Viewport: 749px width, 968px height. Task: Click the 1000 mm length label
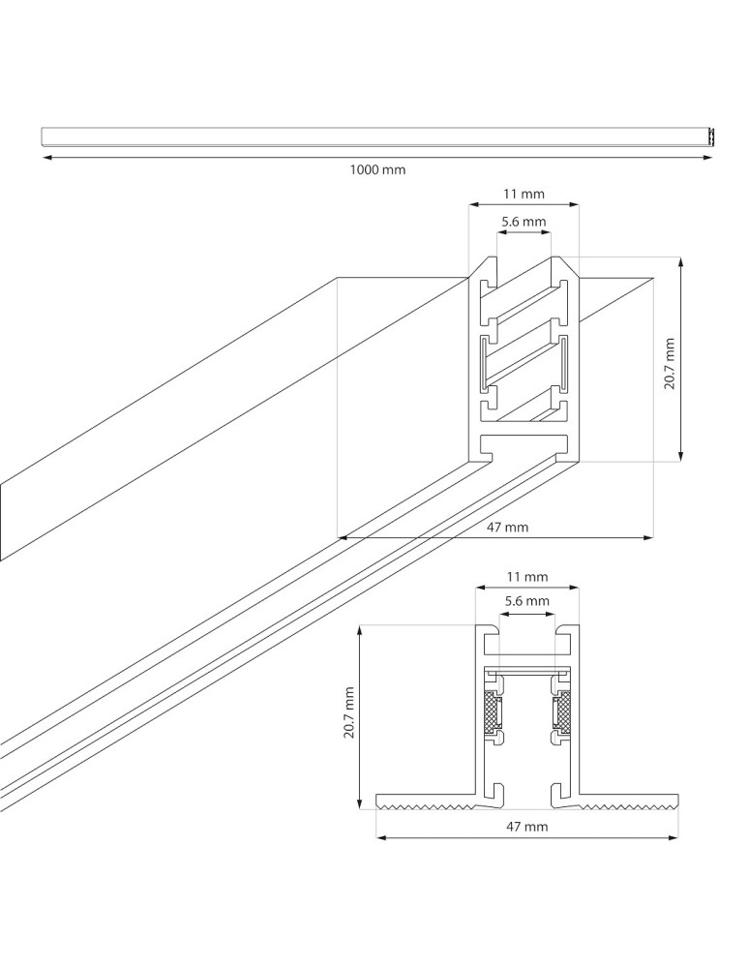pyautogui.click(x=377, y=169)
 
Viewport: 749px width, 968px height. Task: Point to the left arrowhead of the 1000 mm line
pyautogui.click(x=45, y=156)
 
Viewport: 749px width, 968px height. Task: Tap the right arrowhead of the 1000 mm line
pyautogui.click(x=708, y=156)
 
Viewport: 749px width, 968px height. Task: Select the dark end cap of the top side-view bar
pyautogui.click(x=711, y=137)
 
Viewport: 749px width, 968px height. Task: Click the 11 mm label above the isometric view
pyautogui.click(x=524, y=194)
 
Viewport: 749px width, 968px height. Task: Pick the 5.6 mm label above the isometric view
pyautogui.click(x=524, y=222)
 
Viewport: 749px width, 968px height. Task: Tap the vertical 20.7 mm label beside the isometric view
pyautogui.click(x=669, y=363)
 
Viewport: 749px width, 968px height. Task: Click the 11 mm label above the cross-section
pyautogui.click(x=527, y=577)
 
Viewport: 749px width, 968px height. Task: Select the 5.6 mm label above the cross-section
pyautogui.click(x=527, y=601)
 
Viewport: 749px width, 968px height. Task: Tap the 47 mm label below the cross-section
pyautogui.click(x=527, y=826)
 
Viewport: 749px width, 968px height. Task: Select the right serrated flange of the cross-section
pyautogui.click(x=629, y=802)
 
